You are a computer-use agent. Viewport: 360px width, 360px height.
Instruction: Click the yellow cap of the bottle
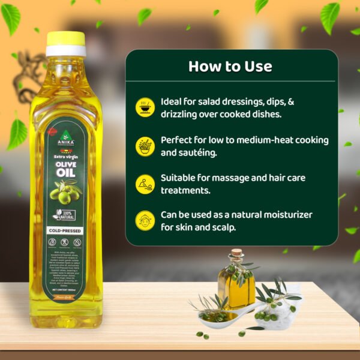click(x=65, y=40)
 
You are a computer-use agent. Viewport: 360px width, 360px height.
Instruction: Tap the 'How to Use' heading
click(x=230, y=66)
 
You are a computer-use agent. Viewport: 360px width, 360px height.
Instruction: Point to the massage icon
click(x=145, y=184)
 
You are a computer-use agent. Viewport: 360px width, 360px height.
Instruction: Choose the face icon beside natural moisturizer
click(x=145, y=220)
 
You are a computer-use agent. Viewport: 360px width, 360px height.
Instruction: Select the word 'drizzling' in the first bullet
click(x=181, y=114)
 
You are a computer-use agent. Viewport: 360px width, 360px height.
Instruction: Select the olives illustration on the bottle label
click(x=65, y=192)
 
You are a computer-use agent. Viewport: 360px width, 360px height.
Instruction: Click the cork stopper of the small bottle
click(x=238, y=255)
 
